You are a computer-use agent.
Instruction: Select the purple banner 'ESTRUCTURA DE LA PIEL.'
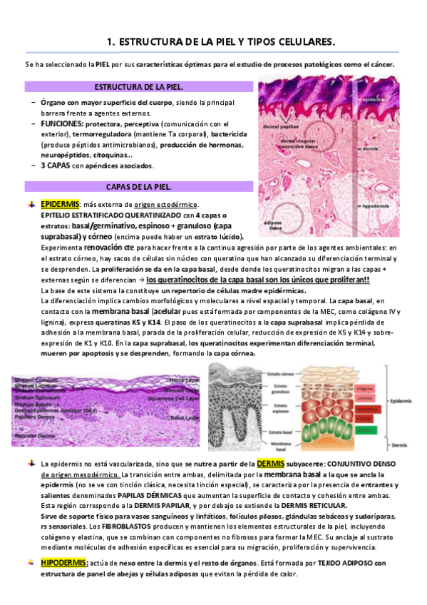139,87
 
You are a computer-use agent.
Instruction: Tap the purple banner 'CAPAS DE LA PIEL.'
139,187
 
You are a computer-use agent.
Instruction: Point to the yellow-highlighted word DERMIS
270,464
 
